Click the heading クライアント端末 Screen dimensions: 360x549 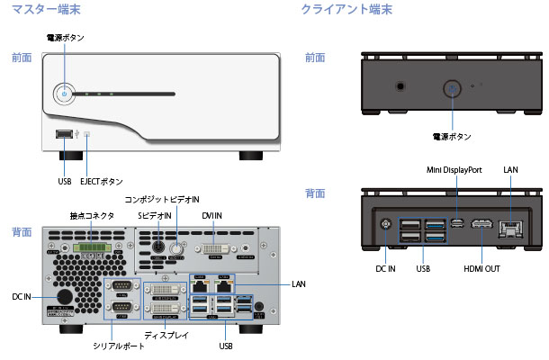click(x=346, y=10)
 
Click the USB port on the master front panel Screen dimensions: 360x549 click(x=64, y=135)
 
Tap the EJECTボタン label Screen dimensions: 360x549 click(x=101, y=181)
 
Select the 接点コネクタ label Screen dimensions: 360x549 click(x=91, y=215)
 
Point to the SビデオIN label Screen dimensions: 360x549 click(x=155, y=215)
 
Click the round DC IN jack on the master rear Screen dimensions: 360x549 click(x=65, y=298)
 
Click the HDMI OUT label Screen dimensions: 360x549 click(x=481, y=267)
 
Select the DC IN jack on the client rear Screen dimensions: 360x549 click(x=387, y=226)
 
